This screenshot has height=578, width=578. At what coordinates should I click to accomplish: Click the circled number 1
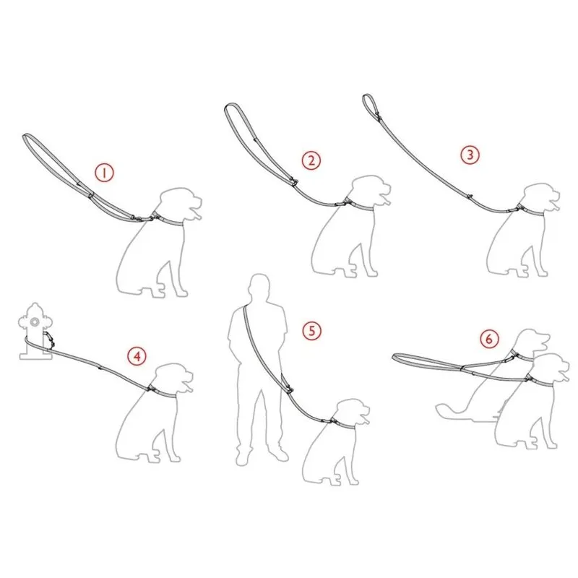click(x=104, y=173)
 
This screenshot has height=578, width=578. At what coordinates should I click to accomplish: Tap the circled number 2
click(x=311, y=160)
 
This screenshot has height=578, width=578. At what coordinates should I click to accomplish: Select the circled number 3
click(x=470, y=155)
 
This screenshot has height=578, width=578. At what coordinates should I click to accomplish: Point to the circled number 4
click(x=137, y=356)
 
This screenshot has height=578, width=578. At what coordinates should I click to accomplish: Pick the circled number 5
click(x=312, y=331)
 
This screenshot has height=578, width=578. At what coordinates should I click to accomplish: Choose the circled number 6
click(x=490, y=338)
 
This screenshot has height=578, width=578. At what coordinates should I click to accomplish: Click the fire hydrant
click(x=35, y=331)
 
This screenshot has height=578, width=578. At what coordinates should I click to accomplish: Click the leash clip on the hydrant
click(x=49, y=339)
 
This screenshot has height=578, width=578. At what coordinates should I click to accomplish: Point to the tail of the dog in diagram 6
click(x=449, y=411)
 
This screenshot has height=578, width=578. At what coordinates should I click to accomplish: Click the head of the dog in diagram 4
click(x=173, y=379)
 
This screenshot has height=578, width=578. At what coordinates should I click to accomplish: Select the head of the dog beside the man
click(x=352, y=413)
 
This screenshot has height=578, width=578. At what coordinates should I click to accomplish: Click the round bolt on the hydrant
click(x=35, y=322)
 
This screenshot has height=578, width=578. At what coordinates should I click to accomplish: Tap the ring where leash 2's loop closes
click(x=294, y=182)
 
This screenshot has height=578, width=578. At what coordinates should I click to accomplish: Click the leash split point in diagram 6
click(x=463, y=367)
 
